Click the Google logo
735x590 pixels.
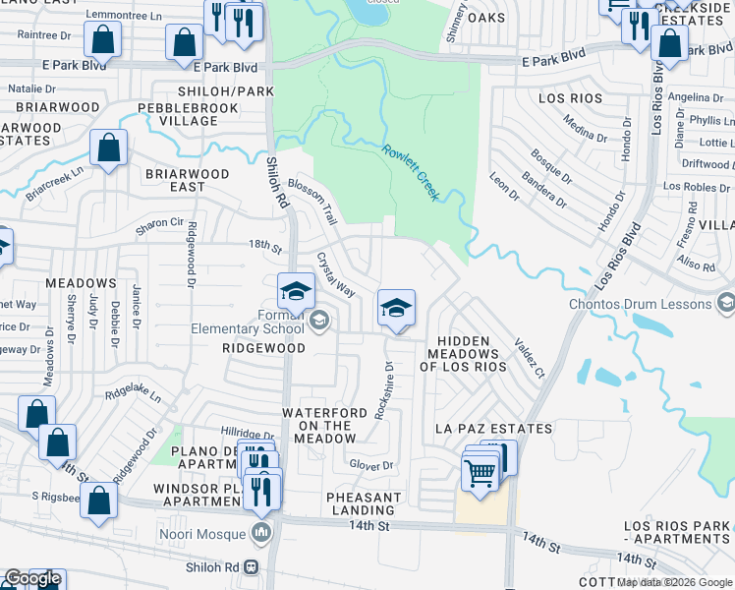point(32,579)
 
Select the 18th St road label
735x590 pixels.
point(264,243)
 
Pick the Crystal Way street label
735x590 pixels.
point(335,274)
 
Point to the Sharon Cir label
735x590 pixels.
point(160,224)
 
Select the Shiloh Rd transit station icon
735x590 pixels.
point(251,566)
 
